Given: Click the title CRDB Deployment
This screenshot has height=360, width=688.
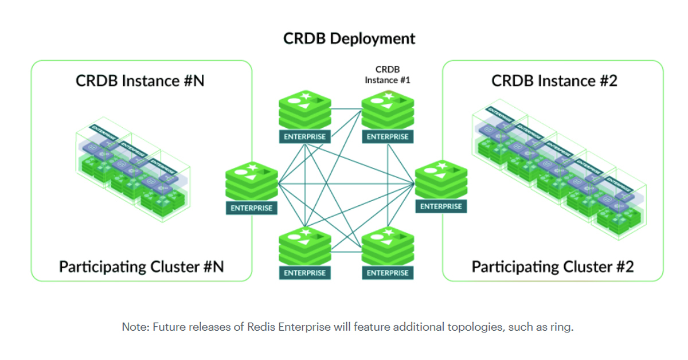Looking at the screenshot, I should coord(349,39).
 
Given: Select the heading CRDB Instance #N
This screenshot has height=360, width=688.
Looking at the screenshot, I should coord(140,81).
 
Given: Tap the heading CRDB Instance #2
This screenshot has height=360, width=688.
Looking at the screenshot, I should coord(554,81).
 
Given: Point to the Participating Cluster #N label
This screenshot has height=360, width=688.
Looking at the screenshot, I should coord(141,267).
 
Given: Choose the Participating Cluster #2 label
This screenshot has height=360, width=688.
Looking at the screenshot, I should coord(553,267).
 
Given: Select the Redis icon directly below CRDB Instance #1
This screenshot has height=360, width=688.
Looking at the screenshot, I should coord(388,110).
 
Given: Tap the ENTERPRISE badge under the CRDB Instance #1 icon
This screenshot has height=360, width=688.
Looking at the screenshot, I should coord(388,137).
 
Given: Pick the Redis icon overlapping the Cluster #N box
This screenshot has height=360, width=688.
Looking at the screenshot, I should coord(252,180).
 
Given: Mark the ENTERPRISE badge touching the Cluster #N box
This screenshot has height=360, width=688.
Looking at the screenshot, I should coord(252,208).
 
